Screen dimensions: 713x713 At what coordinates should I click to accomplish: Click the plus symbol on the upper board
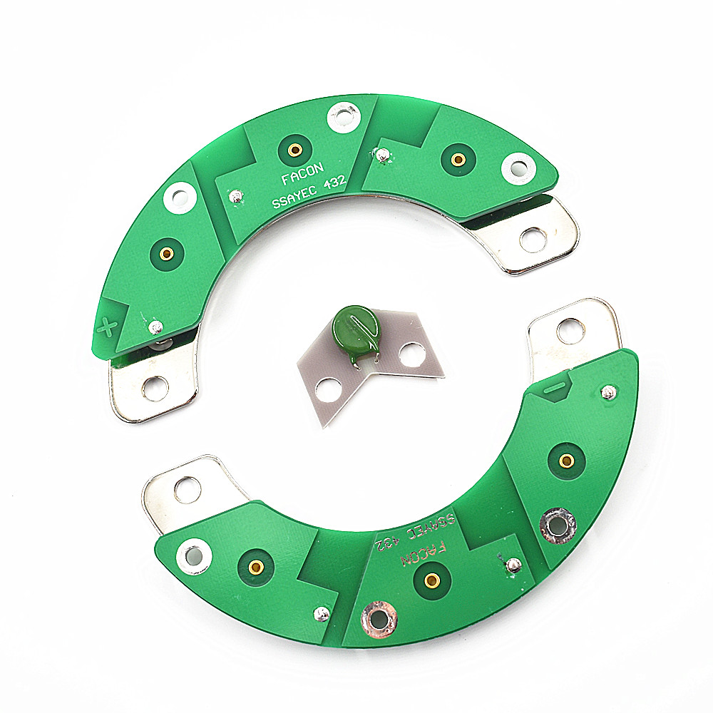click(x=108, y=327)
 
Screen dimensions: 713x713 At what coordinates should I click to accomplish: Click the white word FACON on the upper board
click(x=303, y=174)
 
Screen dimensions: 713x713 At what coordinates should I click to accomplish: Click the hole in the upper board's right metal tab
click(x=533, y=240)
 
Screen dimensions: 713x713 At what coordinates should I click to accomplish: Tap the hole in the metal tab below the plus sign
click(x=155, y=389)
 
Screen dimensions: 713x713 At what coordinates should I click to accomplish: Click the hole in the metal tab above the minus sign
click(x=571, y=331)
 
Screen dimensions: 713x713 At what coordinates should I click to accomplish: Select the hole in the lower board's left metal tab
click(x=188, y=490)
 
